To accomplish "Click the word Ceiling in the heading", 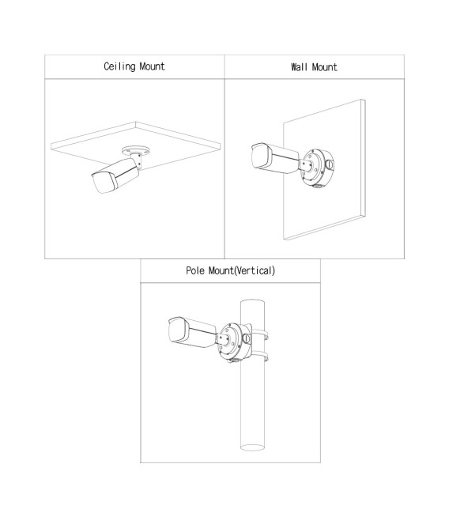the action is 119,66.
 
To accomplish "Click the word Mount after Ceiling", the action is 153,66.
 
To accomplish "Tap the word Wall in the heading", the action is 299,67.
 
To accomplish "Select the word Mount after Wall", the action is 324,67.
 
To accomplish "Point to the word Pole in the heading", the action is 195,270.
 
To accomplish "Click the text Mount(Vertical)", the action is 242,270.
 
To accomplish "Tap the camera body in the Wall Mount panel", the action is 275,158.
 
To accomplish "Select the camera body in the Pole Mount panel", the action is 192,332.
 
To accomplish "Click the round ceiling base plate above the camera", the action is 136,151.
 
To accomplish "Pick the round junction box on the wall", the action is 317,168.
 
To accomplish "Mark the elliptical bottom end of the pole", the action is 252,447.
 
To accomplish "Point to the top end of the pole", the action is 252,303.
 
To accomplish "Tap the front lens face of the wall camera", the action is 261,157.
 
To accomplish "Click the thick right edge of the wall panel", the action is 364,158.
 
